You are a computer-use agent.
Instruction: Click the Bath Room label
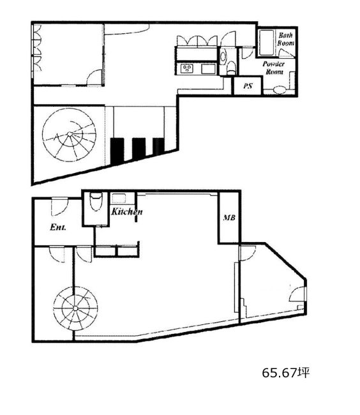pyautogui.click(x=285, y=39)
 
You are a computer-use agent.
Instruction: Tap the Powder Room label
pyautogui.click(x=274, y=68)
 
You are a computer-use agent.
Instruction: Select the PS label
pyautogui.click(x=248, y=86)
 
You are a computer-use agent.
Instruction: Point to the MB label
pyautogui.click(x=229, y=218)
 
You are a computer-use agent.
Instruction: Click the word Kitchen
pyautogui.click(x=126, y=211)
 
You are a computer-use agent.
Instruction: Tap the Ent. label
pyautogui.click(x=58, y=227)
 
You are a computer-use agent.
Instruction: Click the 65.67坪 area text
pyautogui.click(x=286, y=373)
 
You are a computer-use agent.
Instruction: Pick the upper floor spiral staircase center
pyautogui.click(x=70, y=134)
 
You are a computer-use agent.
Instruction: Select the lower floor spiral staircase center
pyautogui.click(x=75, y=308)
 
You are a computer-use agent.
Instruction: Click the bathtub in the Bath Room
pyautogui.click(x=266, y=43)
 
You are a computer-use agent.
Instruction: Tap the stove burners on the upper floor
pyautogui.click(x=187, y=69)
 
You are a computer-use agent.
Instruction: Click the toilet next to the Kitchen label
pyautogui.click(x=96, y=202)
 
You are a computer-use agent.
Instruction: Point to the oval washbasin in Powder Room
pyautogui.click(x=280, y=90)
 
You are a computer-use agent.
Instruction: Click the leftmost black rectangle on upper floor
pyautogui.click(x=117, y=151)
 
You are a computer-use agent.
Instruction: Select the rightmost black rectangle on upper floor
pyautogui.click(x=158, y=146)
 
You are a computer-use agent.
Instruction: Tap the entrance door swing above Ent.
pyautogui.click(x=59, y=207)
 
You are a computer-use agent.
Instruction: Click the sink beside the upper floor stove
pyautogui.click(x=209, y=69)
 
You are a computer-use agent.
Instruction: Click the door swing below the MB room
pyautogui.click(x=248, y=253)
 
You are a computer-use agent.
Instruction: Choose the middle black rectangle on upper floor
pyautogui.click(x=139, y=149)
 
